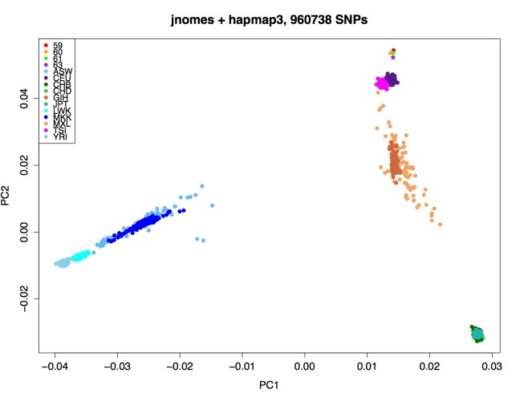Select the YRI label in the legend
(59, 137)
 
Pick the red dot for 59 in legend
(46, 45)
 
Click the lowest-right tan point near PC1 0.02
(441, 224)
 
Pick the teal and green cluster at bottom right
(477, 334)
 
